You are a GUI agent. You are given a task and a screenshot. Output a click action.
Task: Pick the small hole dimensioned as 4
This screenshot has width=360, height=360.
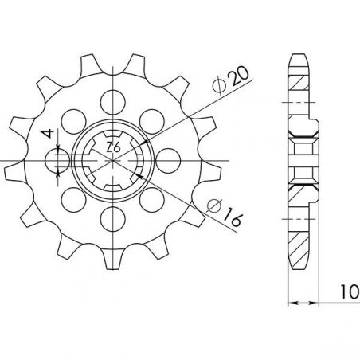(x=59, y=162)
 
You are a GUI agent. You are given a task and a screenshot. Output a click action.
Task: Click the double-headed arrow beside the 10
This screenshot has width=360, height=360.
(x=303, y=303)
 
